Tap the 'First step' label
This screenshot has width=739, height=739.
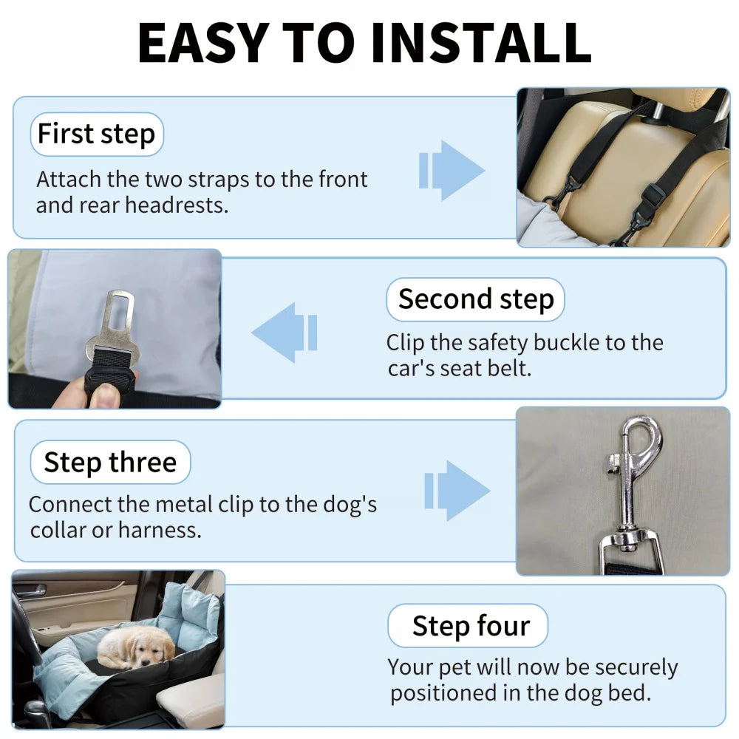96,134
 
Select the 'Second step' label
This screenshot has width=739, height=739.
475,299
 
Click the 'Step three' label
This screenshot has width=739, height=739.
110,463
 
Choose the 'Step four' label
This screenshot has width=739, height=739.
470,626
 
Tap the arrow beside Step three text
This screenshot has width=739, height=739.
457,491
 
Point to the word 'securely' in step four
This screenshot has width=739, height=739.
636,667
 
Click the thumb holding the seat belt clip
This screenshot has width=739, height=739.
103,395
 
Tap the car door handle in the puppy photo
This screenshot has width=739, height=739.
30,590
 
